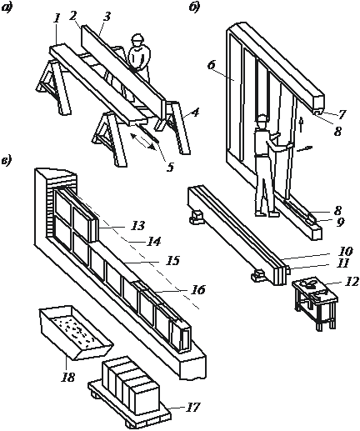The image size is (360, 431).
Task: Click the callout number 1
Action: [57, 19]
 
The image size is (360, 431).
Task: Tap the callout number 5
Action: [170, 167]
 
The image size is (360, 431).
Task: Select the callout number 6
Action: [212, 66]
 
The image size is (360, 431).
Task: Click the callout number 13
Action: [138, 225]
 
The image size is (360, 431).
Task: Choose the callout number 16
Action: [198, 290]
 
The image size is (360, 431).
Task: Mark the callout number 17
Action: [192, 407]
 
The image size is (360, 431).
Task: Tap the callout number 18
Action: [68, 377]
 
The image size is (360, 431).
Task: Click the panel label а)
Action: [6, 8]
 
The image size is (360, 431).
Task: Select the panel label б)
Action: [194, 8]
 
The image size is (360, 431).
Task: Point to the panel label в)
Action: [6, 161]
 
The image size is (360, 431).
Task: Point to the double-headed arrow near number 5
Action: [143, 142]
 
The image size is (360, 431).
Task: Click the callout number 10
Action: [344, 252]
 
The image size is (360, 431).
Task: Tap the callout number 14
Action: [153, 242]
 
